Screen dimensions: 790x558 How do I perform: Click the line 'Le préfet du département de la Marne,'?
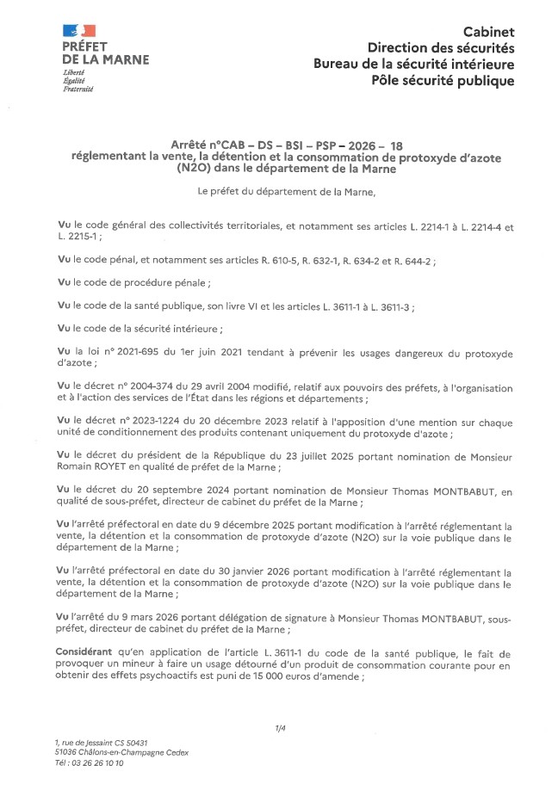pyautogui.click(x=287, y=191)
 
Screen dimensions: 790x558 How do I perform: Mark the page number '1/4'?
pyautogui.click(x=280, y=728)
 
